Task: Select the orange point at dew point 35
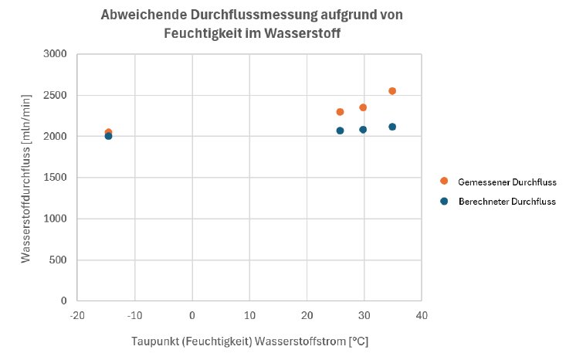click(x=392, y=91)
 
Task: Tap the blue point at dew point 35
click(x=392, y=127)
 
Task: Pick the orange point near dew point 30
click(x=363, y=107)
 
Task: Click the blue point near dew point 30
click(x=363, y=130)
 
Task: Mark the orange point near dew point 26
click(x=340, y=112)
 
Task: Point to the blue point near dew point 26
click(x=340, y=131)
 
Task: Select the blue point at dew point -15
click(x=108, y=136)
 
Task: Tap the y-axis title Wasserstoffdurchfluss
click(x=26, y=177)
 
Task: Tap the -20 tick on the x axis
click(x=76, y=315)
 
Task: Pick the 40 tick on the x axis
click(x=422, y=315)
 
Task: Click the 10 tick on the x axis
click(x=249, y=315)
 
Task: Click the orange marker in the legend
click(x=444, y=181)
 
